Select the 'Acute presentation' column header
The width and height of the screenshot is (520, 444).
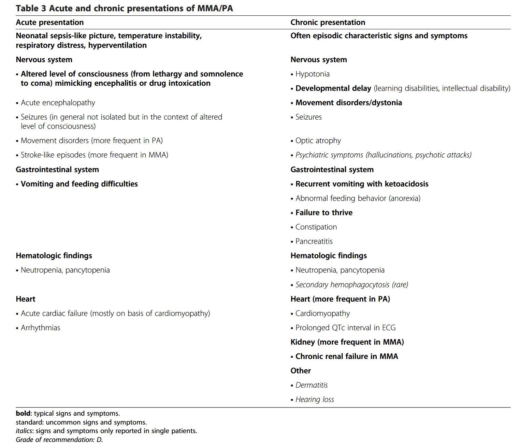[x=49, y=23]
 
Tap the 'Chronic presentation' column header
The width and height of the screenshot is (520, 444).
[x=328, y=23]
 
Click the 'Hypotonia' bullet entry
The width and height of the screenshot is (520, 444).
[x=312, y=74]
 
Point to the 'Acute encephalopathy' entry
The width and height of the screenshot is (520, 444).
[x=58, y=103]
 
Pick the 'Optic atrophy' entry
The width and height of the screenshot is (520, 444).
[x=318, y=141]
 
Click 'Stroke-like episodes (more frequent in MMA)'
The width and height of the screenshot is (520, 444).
[x=94, y=155]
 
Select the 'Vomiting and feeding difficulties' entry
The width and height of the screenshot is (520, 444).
[x=79, y=184]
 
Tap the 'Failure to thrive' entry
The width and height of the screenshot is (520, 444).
[x=323, y=213]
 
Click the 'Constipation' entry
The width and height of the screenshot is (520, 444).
[x=316, y=227]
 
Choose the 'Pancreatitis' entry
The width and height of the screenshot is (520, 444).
[x=314, y=241]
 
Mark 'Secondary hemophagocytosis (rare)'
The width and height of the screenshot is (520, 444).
[x=351, y=285]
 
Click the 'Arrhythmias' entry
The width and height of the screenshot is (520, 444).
[x=40, y=328]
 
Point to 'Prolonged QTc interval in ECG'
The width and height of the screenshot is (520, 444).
[x=345, y=328]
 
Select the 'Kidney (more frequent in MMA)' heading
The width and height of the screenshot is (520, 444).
[x=347, y=342]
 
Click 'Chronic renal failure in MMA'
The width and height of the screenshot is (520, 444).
[x=346, y=357]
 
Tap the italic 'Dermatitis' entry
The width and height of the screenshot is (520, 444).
[x=311, y=385]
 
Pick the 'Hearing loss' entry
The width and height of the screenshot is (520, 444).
[x=314, y=400]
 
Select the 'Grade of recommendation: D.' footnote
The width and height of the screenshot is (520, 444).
[x=59, y=440]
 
